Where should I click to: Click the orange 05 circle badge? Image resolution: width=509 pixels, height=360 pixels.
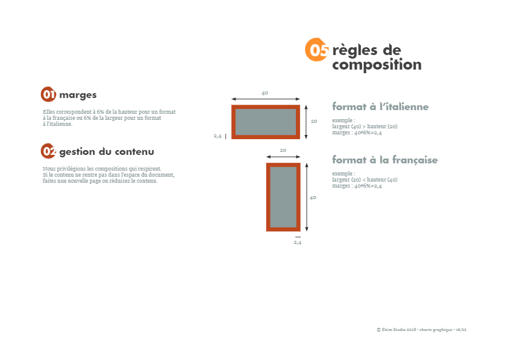(317, 50)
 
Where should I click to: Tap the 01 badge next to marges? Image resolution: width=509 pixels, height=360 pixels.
(48, 94)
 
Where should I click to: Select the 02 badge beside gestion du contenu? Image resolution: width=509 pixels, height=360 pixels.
(48, 151)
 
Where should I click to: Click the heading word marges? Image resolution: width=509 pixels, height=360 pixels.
(78, 95)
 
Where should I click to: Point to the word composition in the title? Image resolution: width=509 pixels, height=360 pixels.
(377, 65)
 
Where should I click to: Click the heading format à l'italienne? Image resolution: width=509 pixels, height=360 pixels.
(380, 106)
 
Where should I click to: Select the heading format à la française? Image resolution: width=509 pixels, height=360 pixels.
(385, 160)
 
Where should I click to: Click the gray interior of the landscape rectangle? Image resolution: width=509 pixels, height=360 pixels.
(266, 122)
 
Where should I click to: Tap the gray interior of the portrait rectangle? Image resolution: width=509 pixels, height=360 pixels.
(283, 197)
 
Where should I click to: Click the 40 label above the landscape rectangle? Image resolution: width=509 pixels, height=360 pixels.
(265, 93)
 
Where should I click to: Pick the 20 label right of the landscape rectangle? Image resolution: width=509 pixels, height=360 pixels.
(314, 121)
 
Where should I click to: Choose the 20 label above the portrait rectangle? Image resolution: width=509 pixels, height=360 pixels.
(283, 150)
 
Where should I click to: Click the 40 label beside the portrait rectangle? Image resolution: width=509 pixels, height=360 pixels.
(313, 197)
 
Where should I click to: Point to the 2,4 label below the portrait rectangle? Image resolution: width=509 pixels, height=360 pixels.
(298, 243)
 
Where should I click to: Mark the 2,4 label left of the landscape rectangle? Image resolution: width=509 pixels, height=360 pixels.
(217, 136)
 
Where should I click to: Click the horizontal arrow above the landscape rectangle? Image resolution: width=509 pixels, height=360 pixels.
(266, 99)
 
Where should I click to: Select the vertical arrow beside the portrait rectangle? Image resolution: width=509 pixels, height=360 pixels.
(307, 197)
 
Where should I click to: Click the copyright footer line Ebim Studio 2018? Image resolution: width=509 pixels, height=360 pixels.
(422, 330)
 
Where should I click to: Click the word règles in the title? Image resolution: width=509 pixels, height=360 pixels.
(355, 50)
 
